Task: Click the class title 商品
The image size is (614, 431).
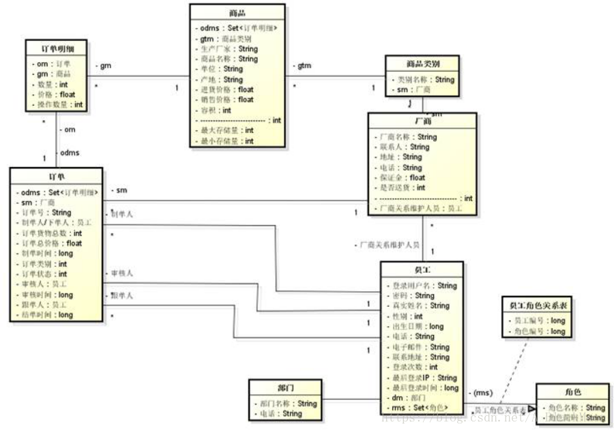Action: (x=237, y=14)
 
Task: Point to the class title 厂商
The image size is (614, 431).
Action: (x=422, y=121)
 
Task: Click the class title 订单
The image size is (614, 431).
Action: (x=57, y=177)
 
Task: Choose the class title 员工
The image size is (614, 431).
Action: (x=422, y=270)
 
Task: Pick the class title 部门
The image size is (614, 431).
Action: (x=287, y=388)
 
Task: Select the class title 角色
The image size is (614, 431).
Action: (x=572, y=392)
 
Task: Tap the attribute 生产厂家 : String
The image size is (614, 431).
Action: (x=229, y=49)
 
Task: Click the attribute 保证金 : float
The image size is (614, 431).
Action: (x=402, y=177)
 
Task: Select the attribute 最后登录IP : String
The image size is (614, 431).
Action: (x=421, y=378)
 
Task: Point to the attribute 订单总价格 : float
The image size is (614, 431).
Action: (x=52, y=243)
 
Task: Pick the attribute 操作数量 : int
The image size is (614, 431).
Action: (x=59, y=104)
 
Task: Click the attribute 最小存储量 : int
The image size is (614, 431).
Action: (x=226, y=141)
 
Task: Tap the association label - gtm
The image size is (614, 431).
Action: (x=302, y=65)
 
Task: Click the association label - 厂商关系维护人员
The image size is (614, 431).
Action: (x=388, y=244)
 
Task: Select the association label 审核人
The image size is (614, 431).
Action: (x=121, y=273)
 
